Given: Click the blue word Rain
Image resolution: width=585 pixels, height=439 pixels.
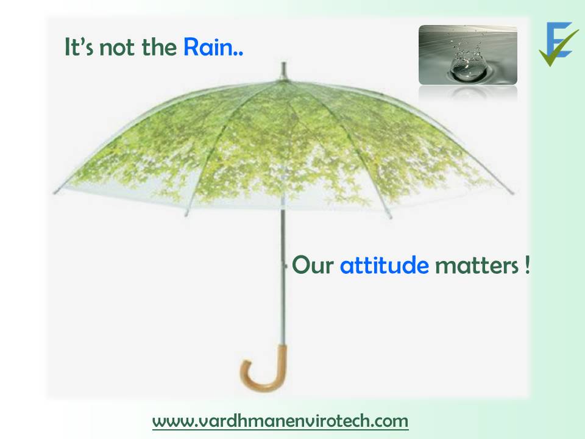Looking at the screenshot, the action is click(208, 48).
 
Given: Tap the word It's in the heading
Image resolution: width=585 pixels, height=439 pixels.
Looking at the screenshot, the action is click(79, 48).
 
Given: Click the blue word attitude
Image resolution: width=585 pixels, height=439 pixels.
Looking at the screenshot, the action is click(385, 265).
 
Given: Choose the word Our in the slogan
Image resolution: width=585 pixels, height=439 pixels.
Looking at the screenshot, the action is click(313, 265).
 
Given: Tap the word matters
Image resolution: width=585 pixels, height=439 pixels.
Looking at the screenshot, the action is click(477, 266).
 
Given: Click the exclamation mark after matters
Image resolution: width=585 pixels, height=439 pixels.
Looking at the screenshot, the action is click(526, 265).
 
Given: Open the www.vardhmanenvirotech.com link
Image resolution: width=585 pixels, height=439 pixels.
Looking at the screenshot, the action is click(280, 421).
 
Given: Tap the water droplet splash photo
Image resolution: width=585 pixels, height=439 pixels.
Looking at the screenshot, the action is click(468, 55).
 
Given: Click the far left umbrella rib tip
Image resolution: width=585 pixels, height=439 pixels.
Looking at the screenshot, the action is click(55, 192).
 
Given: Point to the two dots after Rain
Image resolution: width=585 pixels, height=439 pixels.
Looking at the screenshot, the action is click(238, 55).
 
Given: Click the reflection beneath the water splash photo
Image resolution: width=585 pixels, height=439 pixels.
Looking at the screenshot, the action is click(468, 93).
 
